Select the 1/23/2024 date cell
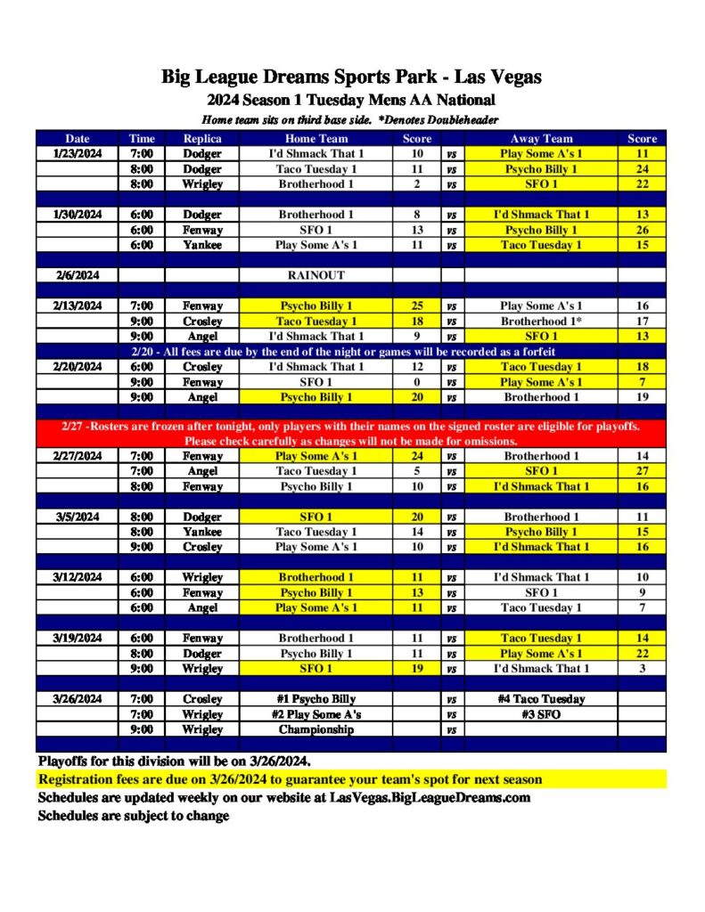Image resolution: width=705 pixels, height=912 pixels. point(78,154)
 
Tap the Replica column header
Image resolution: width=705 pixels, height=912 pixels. point(202,139)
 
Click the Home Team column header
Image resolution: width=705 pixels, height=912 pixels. point(316,139)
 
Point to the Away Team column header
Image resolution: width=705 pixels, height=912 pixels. point(541,139)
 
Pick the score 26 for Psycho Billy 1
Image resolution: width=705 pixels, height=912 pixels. point(642,230)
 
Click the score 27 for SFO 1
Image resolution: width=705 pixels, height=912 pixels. point(642,471)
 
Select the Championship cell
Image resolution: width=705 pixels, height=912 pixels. point(316,729)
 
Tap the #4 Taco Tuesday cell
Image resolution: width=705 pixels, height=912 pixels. point(541,699)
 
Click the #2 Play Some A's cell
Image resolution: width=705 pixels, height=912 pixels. point(316,714)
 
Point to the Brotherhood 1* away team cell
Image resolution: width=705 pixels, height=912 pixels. point(541,321)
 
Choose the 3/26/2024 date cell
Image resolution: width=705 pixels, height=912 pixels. point(78,699)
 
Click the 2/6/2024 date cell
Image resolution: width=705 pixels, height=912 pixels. point(78,275)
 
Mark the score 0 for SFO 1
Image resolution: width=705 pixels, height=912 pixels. point(417,381)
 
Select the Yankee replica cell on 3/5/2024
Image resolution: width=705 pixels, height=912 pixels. point(202,532)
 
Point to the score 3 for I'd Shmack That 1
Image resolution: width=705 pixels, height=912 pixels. point(642,668)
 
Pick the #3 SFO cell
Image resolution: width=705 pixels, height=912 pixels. point(541,714)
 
